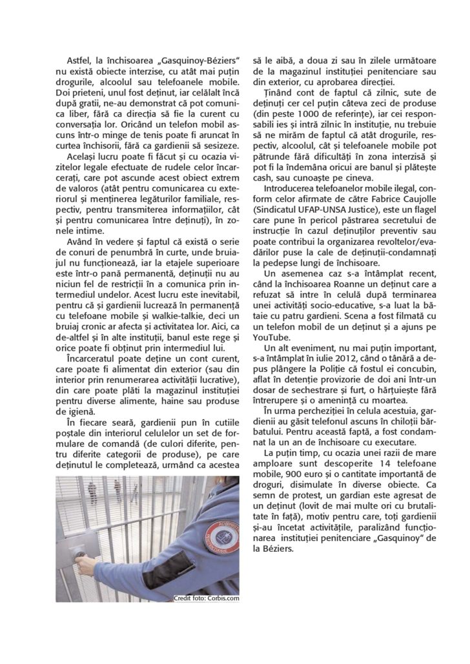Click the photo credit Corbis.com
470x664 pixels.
pos(206,598)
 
